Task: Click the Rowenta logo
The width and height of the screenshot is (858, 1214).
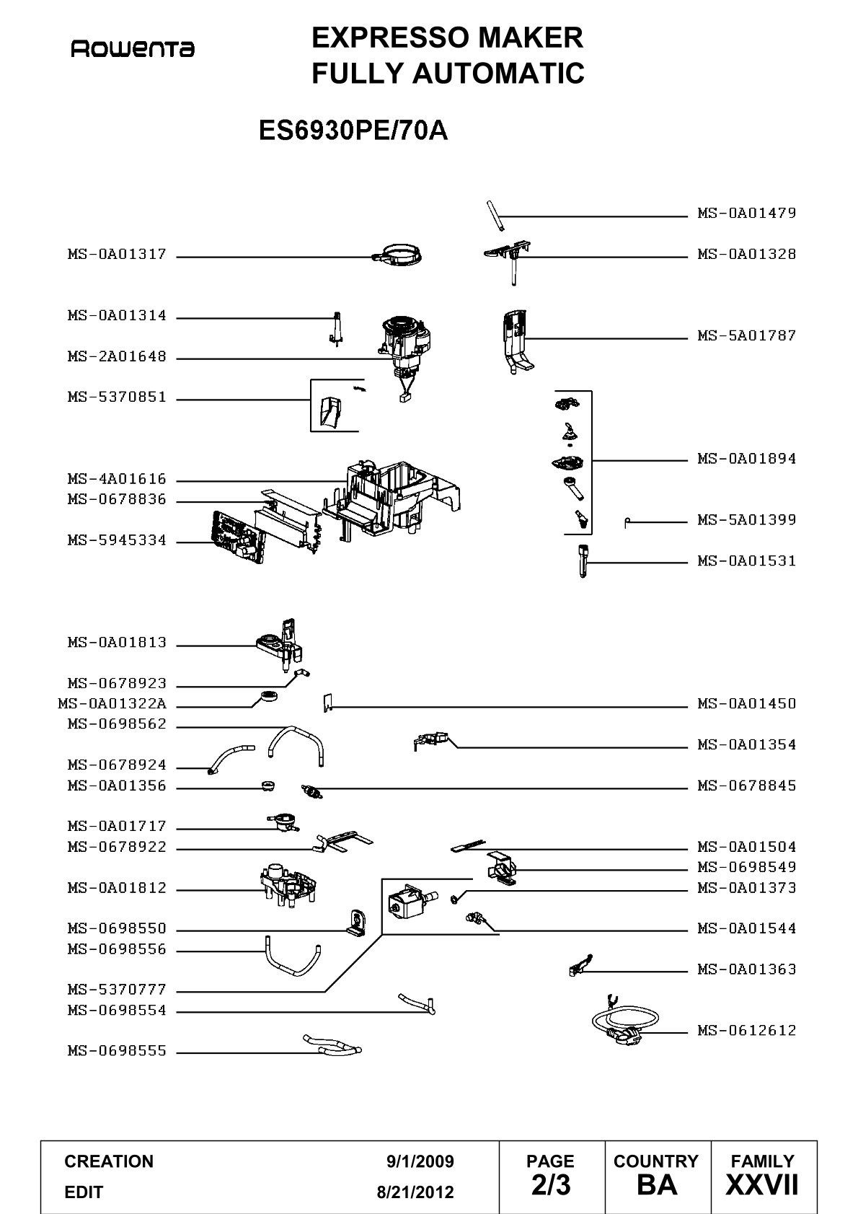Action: pyautogui.click(x=133, y=49)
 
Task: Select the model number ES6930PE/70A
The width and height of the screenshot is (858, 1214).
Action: pyautogui.click(x=353, y=131)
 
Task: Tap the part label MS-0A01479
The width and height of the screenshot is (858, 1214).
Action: pyautogui.click(x=746, y=213)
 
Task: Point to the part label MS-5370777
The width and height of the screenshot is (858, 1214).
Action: pyautogui.click(x=117, y=990)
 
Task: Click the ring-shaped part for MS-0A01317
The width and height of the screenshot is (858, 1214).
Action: pyautogui.click(x=397, y=255)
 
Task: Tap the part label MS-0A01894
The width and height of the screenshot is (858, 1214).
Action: pyautogui.click(x=746, y=459)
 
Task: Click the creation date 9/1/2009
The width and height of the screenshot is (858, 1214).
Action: pyautogui.click(x=420, y=1161)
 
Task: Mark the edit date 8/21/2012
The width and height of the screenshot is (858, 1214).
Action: pyautogui.click(x=415, y=1192)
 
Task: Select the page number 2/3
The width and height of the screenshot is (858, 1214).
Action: pyautogui.click(x=551, y=1185)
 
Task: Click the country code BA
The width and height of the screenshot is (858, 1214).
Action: pyautogui.click(x=657, y=1185)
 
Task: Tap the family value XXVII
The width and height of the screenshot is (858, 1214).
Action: pyautogui.click(x=762, y=1185)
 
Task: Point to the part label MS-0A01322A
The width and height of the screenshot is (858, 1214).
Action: pyautogui.click(x=112, y=703)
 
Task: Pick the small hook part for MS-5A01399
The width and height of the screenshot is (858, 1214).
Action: pyautogui.click(x=627, y=522)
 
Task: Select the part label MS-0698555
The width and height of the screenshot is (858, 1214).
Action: pyautogui.click(x=117, y=1051)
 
